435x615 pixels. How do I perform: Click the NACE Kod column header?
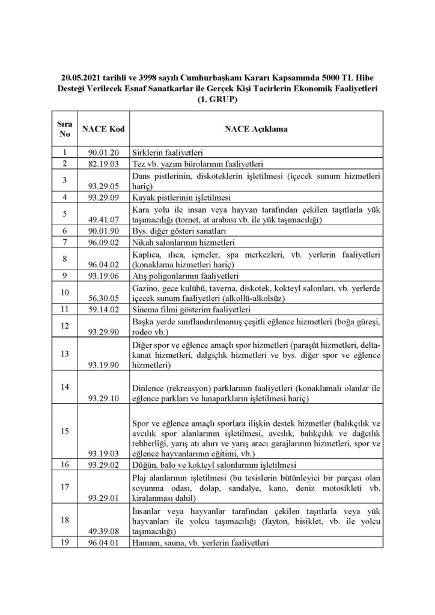tap(102, 129)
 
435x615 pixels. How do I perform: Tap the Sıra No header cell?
tap(65, 129)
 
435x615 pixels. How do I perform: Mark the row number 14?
tap(65, 386)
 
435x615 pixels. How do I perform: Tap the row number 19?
tap(65, 543)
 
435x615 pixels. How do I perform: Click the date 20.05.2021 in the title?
tap(82, 78)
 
